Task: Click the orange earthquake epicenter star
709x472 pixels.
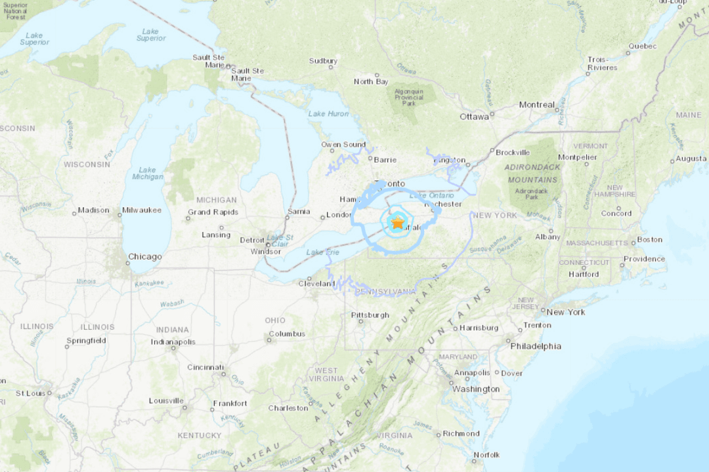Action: [x=398, y=223]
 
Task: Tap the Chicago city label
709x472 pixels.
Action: [x=144, y=256]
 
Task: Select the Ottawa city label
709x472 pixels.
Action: [x=474, y=117]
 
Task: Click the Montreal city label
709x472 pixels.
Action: [x=536, y=104]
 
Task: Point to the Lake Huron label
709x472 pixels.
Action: [x=328, y=113]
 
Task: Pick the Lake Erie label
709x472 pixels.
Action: [x=323, y=252]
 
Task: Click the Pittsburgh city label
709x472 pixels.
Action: [x=370, y=315]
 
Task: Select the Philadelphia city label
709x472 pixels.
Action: [x=536, y=345]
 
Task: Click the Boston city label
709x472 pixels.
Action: [x=650, y=239]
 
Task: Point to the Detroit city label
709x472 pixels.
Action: [x=252, y=240]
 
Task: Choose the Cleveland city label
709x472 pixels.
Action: [x=316, y=284]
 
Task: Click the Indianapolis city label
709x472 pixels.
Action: [x=173, y=342]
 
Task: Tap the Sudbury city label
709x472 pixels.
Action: [x=323, y=61]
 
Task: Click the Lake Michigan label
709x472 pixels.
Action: [x=147, y=173]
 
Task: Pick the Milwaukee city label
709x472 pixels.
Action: [x=141, y=210]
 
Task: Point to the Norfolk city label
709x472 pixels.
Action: [x=486, y=454]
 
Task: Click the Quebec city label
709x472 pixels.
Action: [x=642, y=46]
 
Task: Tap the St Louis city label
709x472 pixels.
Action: [x=30, y=393]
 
